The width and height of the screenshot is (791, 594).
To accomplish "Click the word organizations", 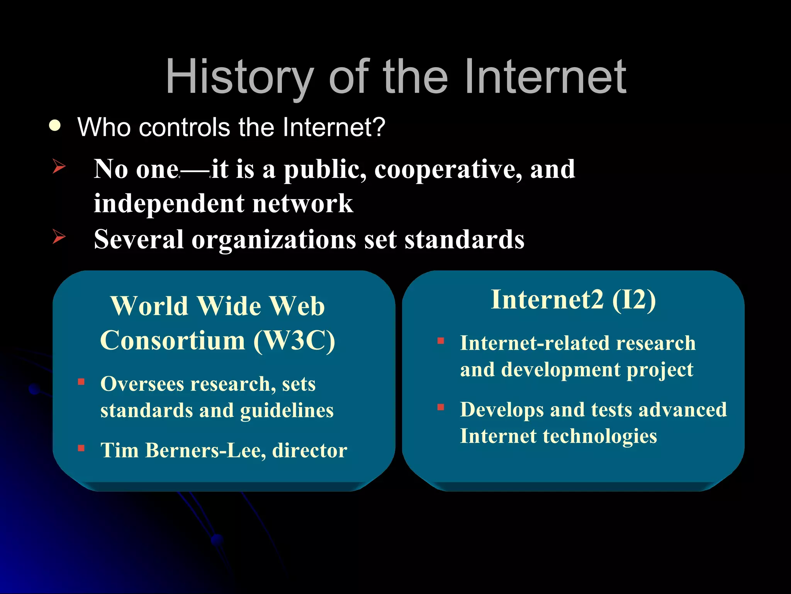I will click(274, 239).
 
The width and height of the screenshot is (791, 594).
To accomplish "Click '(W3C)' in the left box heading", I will click(294, 340).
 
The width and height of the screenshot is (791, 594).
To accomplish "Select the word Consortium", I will click(173, 340).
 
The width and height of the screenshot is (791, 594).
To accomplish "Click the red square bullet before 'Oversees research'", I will click(81, 382).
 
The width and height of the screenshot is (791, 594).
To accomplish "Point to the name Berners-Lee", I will click(205, 450).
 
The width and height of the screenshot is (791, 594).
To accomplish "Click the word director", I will click(309, 450).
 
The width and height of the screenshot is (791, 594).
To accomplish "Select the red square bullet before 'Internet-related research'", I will click(441, 341).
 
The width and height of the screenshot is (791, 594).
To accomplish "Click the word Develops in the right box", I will click(502, 410).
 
